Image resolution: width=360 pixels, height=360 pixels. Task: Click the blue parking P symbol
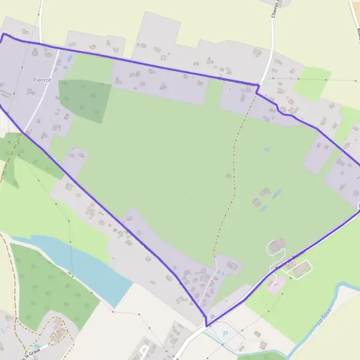click(x=225, y=334)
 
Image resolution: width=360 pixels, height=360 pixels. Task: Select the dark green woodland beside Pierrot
click(x=84, y=100)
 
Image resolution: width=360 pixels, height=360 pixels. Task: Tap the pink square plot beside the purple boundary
click(x=275, y=284)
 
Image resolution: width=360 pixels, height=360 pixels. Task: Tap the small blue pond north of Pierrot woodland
click(x=70, y=59)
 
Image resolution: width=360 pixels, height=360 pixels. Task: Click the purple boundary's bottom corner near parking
click(x=206, y=326)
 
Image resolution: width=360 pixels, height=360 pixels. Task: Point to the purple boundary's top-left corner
click(x=4, y=34)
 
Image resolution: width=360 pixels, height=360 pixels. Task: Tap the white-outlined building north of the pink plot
click(x=277, y=245)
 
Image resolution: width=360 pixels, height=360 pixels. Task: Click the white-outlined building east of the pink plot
click(x=301, y=269)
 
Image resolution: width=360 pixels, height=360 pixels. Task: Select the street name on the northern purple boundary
click(x=237, y=80)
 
